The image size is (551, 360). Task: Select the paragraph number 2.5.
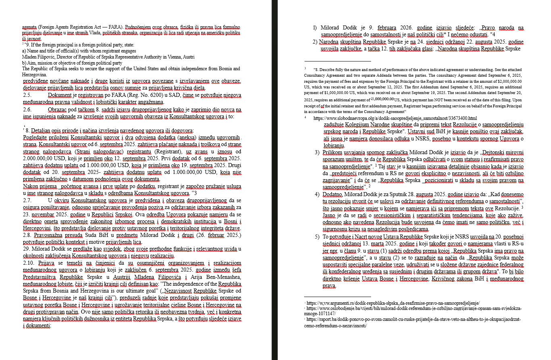[27, 95]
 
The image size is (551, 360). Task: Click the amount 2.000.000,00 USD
[41, 158]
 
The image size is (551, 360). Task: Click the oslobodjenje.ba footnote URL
[414, 308]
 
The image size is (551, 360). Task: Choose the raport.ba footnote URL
[414, 319]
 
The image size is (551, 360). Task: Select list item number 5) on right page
[317, 237]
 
